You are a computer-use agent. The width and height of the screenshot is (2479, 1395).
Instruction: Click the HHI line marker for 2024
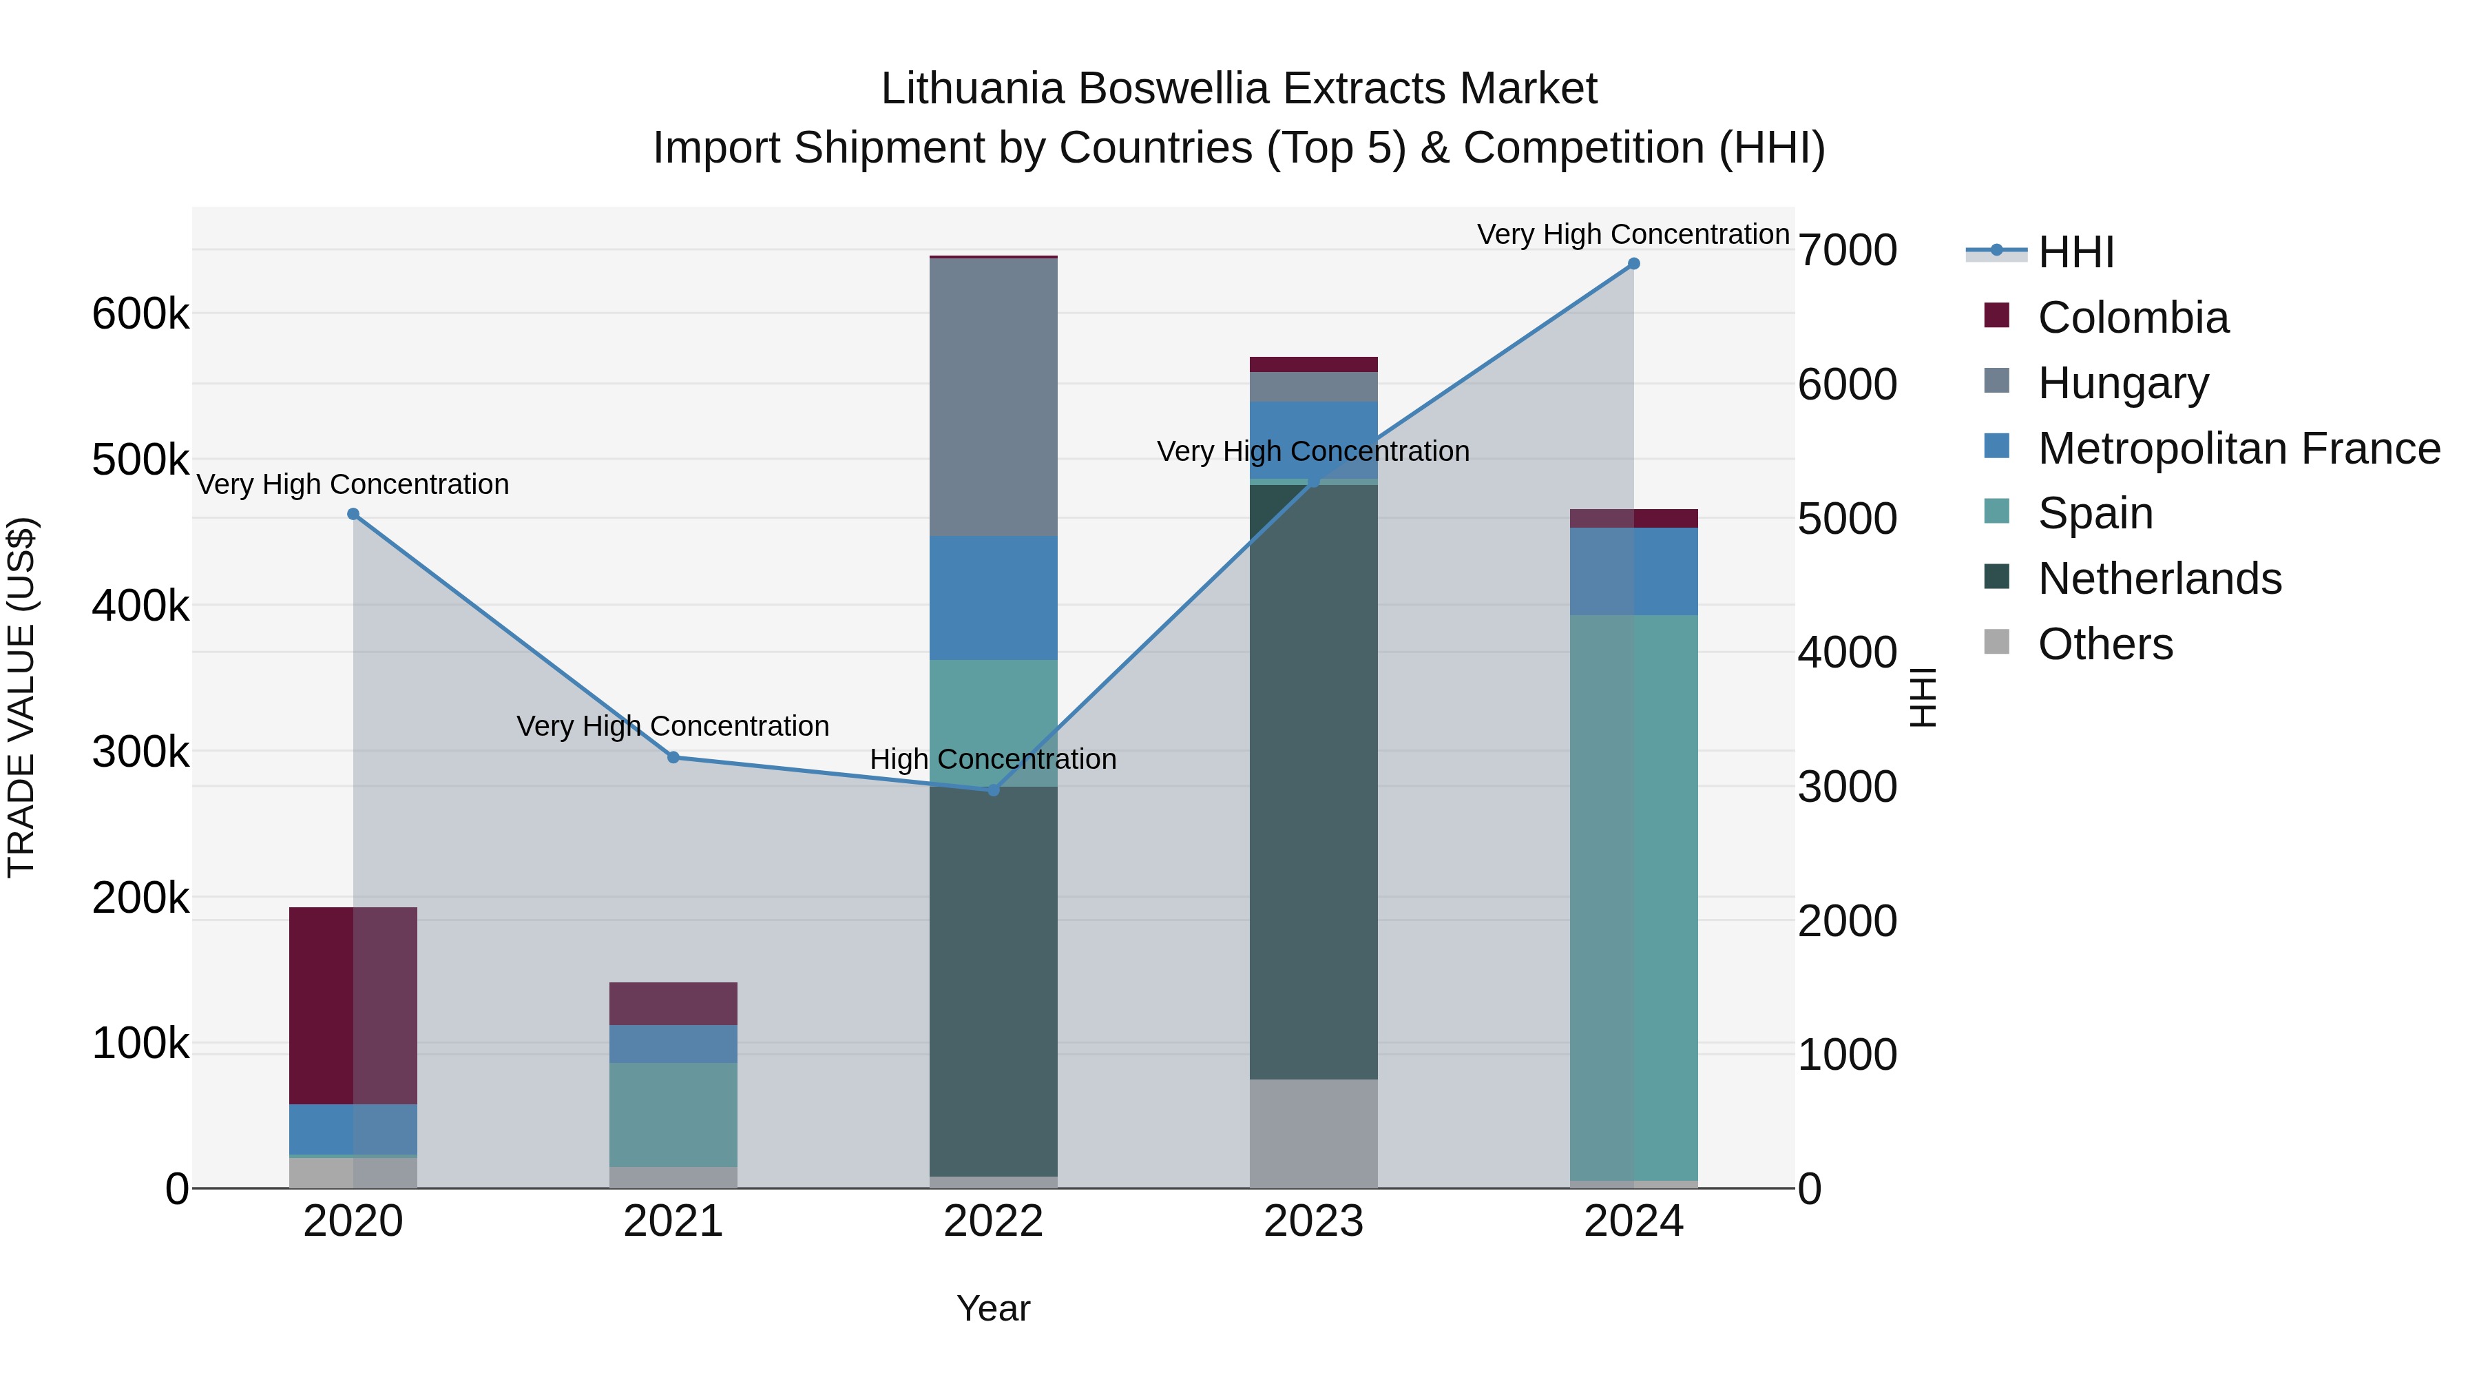point(1633,264)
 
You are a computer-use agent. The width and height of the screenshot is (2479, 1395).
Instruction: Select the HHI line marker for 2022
point(993,790)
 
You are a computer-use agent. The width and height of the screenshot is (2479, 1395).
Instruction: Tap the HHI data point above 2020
point(353,514)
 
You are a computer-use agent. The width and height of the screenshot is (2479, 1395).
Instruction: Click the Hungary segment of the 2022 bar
point(993,397)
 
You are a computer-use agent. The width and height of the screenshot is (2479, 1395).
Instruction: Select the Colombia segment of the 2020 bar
point(353,1005)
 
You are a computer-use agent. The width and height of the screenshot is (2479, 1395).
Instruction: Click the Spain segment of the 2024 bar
point(1633,897)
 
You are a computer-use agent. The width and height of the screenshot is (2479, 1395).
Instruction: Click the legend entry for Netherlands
point(2159,579)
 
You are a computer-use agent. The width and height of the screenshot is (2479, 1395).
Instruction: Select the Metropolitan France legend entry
point(2239,448)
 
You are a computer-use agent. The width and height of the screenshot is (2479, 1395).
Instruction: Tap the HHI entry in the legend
point(2075,252)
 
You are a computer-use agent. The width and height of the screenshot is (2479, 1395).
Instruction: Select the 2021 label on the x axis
point(673,1221)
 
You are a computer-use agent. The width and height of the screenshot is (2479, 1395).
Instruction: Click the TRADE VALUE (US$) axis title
point(21,697)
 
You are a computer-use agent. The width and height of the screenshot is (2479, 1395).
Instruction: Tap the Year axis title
point(993,1308)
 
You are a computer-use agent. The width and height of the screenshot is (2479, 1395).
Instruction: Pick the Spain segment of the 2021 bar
point(673,1115)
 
